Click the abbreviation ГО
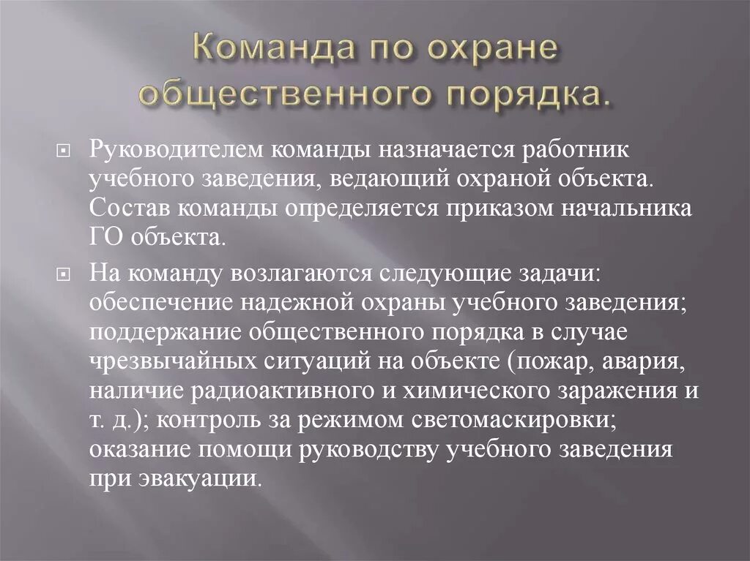pos(108,238)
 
